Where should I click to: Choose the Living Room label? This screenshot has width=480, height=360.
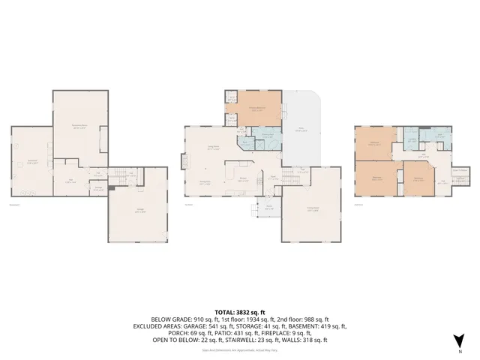coord(213,148)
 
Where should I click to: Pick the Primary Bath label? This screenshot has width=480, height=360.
coord(265,137)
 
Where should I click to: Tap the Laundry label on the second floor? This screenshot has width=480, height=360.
coord(412,139)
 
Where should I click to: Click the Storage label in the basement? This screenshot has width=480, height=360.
coord(97,188)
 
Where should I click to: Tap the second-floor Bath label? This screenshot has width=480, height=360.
coord(440,136)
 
